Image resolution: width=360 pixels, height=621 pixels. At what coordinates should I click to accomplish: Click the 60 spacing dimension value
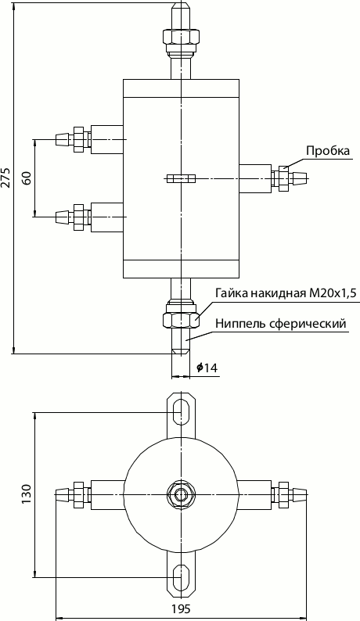[x=27, y=177]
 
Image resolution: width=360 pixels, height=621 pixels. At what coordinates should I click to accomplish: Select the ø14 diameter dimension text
[x=207, y=367]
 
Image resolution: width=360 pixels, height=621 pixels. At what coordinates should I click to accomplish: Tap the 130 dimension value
[x=26, y=494]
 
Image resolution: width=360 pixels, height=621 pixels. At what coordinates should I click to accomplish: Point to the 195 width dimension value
[x=181, y=608]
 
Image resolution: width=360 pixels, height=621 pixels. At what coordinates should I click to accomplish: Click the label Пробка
[x=327, y=151]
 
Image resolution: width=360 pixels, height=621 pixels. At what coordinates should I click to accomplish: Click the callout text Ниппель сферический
[x=279, y=322]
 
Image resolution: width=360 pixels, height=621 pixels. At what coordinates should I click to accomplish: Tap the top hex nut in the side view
[x=181, y=37]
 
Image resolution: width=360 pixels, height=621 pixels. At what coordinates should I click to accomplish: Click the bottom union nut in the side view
[x=181, y=319]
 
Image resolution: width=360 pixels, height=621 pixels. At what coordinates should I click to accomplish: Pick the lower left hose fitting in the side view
[x=74, y=215]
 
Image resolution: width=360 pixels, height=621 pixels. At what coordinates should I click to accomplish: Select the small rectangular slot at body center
[x=181, y=178]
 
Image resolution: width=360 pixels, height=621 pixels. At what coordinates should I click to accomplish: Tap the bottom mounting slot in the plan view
[x=181, y=577]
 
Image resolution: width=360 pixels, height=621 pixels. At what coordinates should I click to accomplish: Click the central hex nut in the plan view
[x=181, y=494]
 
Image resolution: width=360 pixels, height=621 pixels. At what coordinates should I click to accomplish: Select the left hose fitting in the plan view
[x=74, y=494]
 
